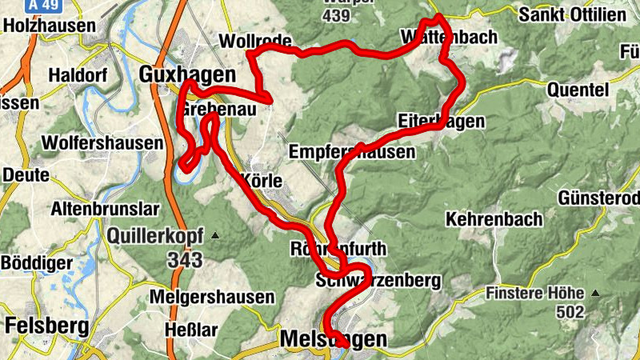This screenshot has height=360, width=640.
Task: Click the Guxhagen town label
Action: [x=188, y=74]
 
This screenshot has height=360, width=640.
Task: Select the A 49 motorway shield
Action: [x=44, y=5]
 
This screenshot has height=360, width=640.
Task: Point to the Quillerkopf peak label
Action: [x=156, y=236]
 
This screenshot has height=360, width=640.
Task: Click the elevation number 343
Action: [x=185, y=260]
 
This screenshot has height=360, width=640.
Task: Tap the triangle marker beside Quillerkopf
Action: [x=214, y=236]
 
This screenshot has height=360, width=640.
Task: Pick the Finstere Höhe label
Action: [x=534, y=294]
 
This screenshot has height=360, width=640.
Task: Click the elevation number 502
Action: [x=570, y=313]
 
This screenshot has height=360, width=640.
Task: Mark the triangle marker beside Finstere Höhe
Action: [x=594, y=294]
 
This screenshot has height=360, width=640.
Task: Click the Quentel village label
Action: [x=578, y=90]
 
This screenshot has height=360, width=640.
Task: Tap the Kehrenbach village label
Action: [x=494, y=218]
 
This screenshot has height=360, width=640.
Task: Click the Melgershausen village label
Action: [x=212, y=297]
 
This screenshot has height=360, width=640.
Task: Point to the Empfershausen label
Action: [x=353, y=151]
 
